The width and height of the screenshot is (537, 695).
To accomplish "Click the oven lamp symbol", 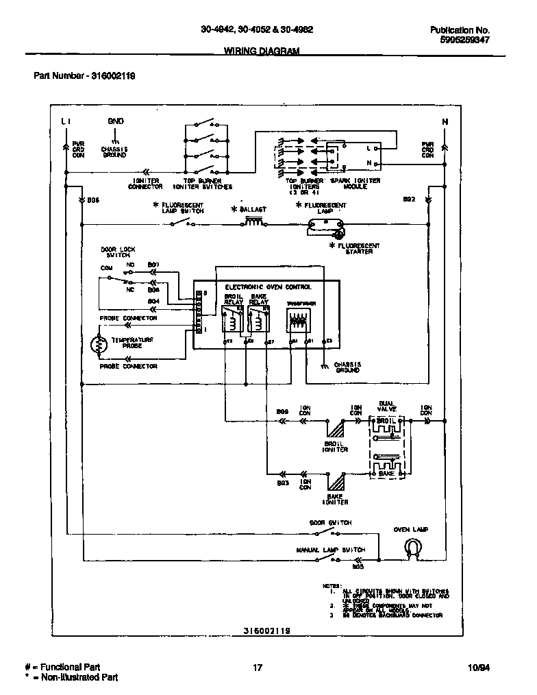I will pos(411,546).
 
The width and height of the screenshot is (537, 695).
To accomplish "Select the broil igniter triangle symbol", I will pos(335,430).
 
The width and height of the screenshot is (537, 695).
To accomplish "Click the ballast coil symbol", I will pos(254,221).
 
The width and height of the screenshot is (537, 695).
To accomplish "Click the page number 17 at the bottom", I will pos(258,667).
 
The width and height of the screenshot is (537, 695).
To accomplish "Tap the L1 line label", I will pos(66,121).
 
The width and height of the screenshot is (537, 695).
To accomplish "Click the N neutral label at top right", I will pos(445,122).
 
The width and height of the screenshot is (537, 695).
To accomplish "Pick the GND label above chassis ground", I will pos(115,121).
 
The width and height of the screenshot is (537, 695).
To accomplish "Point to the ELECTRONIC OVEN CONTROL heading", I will pos(268,286).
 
